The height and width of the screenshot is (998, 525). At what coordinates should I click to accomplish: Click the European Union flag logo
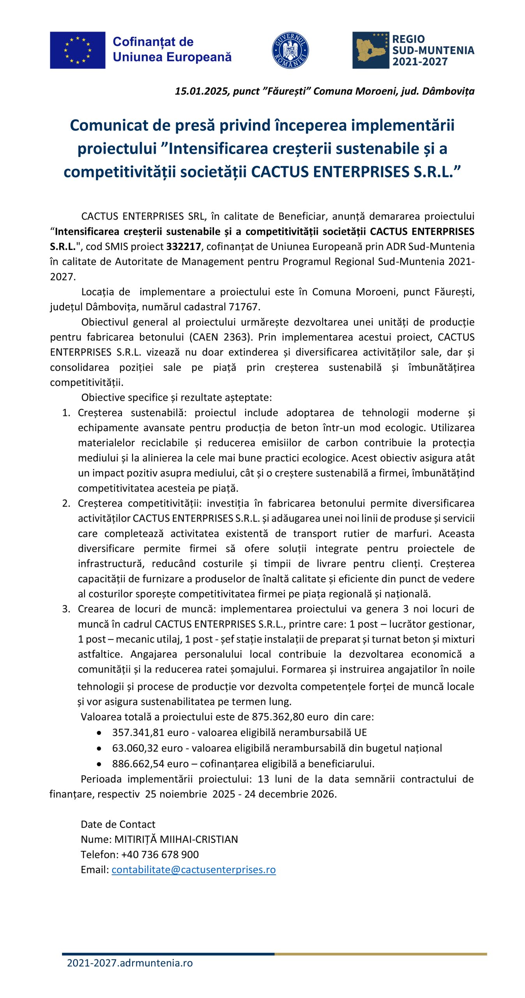coord(77,50)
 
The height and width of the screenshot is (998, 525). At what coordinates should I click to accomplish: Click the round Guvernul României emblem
coord(290,50)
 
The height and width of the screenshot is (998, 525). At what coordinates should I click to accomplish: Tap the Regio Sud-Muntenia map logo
coord(370,50)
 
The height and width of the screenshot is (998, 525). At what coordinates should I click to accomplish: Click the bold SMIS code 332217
coord(184,246)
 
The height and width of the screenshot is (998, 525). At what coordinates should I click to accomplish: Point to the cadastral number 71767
coord(244,307)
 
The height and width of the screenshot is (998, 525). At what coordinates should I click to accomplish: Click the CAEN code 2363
coord(235,337)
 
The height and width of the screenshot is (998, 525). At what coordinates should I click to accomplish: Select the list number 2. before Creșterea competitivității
coord(66,503)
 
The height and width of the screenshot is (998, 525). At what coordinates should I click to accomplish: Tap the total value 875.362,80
coord(278,717)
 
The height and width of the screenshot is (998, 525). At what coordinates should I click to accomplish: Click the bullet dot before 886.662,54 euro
coord(99,764)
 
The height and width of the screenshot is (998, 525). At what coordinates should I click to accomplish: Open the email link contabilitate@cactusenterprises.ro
coord(193,869)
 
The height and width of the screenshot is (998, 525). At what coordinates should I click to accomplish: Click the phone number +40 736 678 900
coord(160,854)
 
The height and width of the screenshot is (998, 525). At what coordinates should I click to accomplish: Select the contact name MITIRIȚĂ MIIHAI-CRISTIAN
coord(176,839)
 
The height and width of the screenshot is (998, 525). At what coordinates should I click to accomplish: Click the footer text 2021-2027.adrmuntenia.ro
coord(130,963)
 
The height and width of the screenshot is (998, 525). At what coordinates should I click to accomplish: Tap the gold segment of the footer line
coord(380,954)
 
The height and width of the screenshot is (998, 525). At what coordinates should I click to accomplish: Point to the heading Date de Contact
coord(118,824)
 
